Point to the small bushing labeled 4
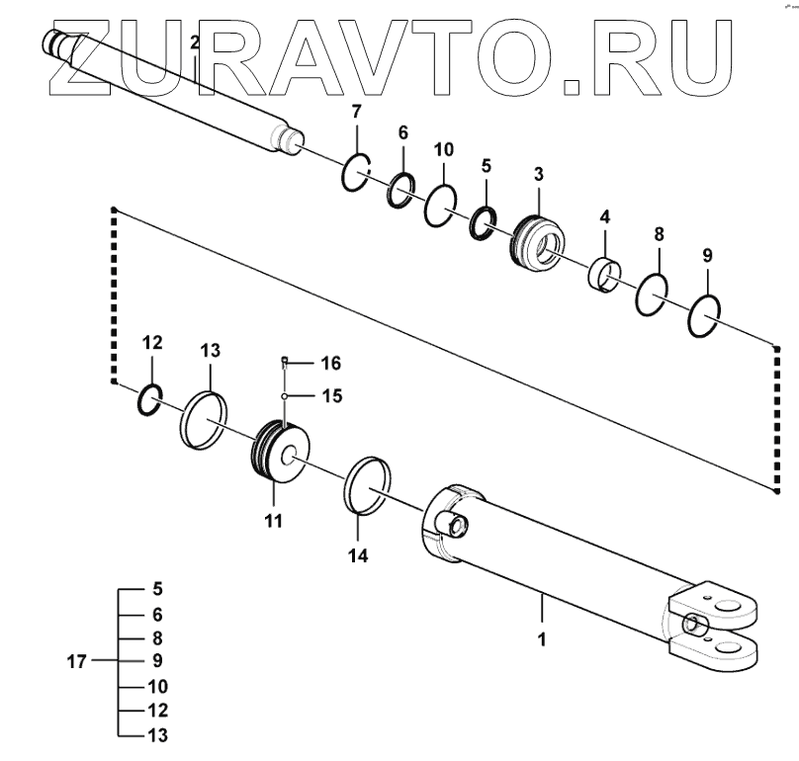[606, 272]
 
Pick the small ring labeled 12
[148, 397]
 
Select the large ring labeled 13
[206, 418]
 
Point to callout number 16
[330, 363]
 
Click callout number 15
[330, 396]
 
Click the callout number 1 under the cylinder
[542, 639]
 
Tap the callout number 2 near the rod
[195, 42]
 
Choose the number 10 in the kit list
[158, 686]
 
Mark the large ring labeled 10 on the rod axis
[441, 207]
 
